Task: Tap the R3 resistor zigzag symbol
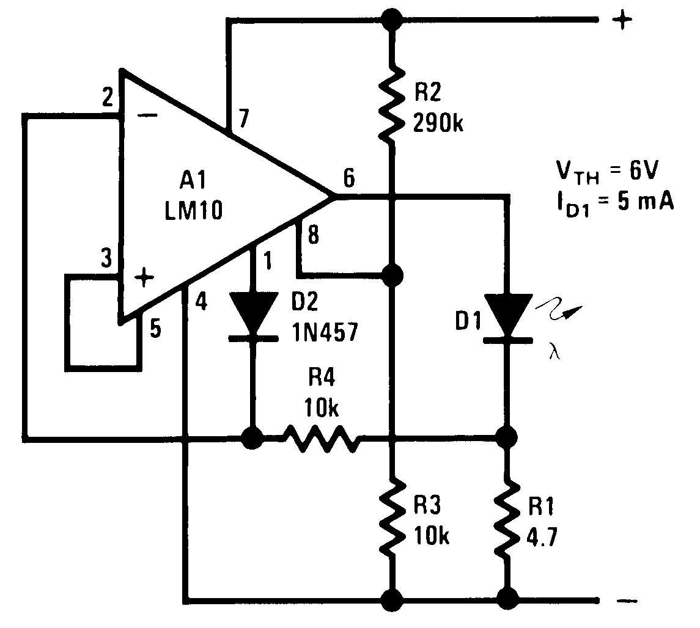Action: point(391,517)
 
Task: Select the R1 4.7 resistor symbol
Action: point(506,517)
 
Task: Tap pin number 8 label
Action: point(312,235)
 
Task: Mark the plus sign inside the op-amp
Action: point(144,279)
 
